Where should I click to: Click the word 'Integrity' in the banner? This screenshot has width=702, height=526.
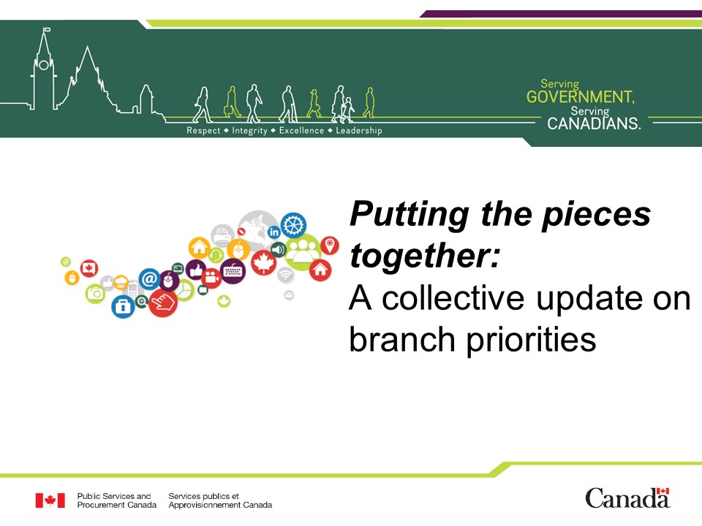coord(249,131)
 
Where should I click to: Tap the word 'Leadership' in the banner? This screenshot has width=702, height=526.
coord(359,131)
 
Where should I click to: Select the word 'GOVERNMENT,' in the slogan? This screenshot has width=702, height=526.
coord(580,96)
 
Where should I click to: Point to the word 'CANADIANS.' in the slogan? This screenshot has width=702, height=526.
coord(594,123)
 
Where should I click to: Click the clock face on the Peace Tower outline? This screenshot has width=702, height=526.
coord(44,65)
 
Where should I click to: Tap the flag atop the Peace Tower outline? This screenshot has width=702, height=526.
coord(47,30)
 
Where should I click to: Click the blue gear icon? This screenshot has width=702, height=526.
coord(293,224)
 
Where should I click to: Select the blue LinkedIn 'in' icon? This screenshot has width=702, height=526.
coord(274,232)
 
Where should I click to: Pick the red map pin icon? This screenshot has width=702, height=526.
coord(330,245)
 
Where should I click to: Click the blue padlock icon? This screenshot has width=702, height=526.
coord(123,307)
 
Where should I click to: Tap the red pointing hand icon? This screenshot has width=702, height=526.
coord(163,302)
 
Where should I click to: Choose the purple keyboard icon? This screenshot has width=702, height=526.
coord(233,270)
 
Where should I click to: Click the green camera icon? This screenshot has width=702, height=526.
coord(95,294)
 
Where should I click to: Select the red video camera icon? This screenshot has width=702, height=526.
coord(211,278)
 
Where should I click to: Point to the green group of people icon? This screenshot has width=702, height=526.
coord(303,252)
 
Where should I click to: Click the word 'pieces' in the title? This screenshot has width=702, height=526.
coord(596,215)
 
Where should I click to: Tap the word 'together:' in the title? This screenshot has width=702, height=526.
coord(424,256)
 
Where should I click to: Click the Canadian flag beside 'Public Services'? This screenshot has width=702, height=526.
coord(50,500)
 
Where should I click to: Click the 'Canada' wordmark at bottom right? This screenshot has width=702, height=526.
coord(627,498)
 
